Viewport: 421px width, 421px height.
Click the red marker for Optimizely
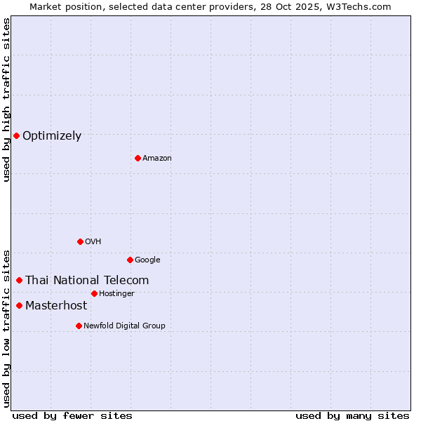(x=16, y=135)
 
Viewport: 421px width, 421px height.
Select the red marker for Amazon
(x=138, y=158)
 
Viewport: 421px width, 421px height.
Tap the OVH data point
(x=80, y=241)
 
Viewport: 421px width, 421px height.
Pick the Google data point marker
(x=130, y=260)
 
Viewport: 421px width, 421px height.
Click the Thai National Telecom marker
(x=19, y=280)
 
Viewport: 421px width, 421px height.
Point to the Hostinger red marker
(x=94, y=293)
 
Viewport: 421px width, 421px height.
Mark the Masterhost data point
(x=19, y=305)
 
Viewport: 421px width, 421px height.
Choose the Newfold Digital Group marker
(x=79, y=326)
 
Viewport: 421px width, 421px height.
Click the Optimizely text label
(x=52, y=136)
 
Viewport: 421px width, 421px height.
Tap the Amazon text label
(x=157, y=159)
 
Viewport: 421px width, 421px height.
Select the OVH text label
(x=93, y=242)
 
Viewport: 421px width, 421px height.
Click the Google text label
(x=147, y=260)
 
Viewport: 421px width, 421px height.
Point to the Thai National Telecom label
(x=87, y=281)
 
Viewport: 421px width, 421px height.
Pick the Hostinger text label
(x=116, y=294)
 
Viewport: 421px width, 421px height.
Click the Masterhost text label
(x=56, y=306)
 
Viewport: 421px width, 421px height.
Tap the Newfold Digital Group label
(x=124, y=326)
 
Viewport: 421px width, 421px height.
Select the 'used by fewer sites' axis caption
(x=72, y=415)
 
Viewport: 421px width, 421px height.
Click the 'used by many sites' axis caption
(x=352, y=415)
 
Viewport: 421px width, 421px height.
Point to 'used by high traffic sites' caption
(x=7, y=100)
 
